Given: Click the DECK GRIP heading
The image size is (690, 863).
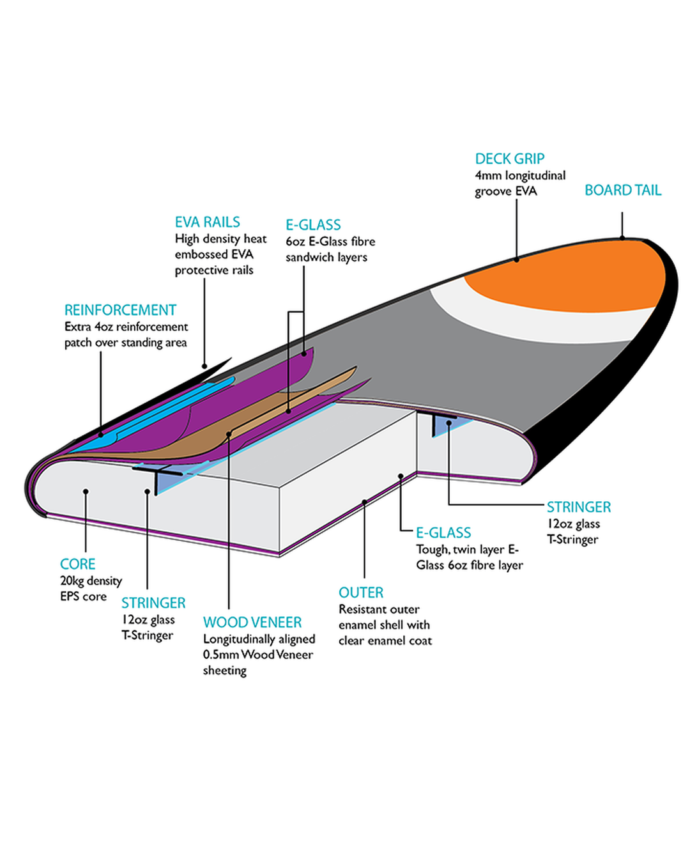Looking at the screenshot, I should click(x=509, y=159).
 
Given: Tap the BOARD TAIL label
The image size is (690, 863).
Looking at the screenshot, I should click(x=623, y=190).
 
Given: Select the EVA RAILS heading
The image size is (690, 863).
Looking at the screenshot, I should click(x=207, y=222).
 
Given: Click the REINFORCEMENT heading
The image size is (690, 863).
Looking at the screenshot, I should click(x=120, y=310).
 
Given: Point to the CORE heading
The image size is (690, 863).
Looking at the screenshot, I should click(x=77, y=564).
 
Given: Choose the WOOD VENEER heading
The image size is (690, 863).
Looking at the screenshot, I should click(x=252, y=622).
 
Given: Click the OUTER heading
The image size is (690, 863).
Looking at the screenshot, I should click(x=361, y=593).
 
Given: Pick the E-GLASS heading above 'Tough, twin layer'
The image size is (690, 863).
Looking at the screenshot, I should click(x=443, y=533).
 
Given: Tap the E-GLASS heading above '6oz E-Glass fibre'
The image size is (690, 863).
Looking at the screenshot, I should click(x=313, y=225).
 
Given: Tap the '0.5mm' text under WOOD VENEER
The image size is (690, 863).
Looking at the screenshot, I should click(x=220, y=655).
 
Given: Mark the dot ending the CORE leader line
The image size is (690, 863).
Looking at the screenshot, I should click(x=86, y=492).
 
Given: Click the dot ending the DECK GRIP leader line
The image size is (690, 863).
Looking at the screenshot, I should click(x=516, y=260).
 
